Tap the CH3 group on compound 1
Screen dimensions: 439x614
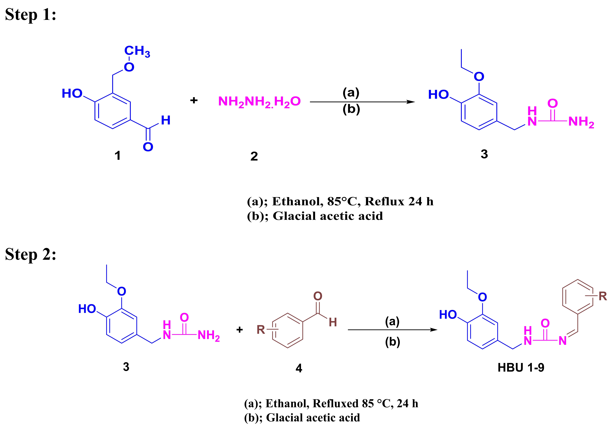[137, 51]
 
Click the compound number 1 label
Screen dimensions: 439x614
[117, 156]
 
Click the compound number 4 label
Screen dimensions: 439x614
[299, 368]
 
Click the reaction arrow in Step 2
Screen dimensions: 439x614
[392, 330]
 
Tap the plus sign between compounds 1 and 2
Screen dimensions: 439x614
[194, 100]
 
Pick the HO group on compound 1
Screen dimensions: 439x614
[72, 94]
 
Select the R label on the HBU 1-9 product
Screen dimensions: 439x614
[603, 296]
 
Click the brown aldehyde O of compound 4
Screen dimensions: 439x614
[318, 296]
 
